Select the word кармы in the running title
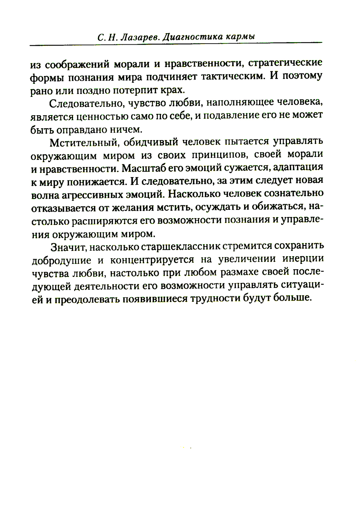tap(241, 37)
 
